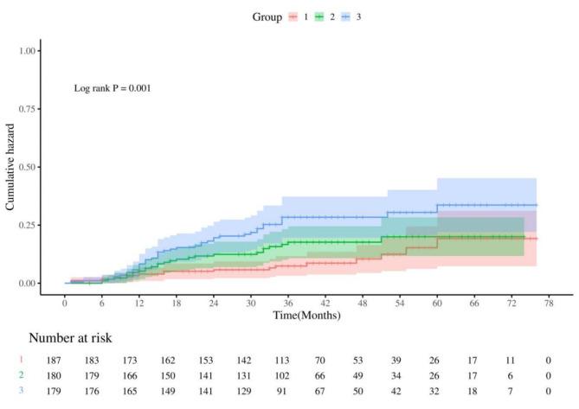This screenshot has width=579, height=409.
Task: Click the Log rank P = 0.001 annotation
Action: point(113,88)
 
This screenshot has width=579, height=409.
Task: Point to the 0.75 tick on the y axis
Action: point(28,109)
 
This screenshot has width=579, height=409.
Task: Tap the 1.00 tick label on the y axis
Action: point(28,51)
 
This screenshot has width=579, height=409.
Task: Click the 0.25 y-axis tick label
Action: point(28,225)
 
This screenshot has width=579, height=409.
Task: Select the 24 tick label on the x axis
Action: point(214,304)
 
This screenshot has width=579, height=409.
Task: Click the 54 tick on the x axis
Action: point(400,304)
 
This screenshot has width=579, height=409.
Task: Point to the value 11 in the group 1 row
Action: point(514,359)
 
